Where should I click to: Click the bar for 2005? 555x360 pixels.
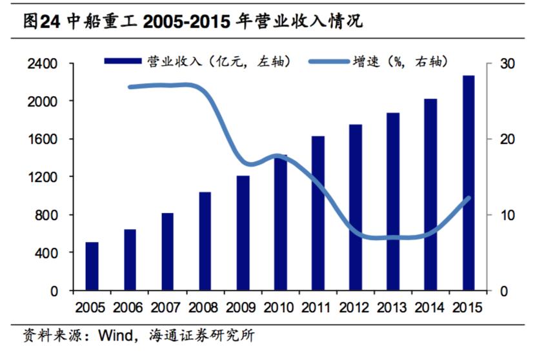[x=92, y=266]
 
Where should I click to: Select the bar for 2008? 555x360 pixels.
[x=205, y=241]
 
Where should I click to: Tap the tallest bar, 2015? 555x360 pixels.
[x=468, y=183]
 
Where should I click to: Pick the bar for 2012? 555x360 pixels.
[x=356, y=207]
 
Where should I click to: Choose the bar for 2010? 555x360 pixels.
[x=280, y=223]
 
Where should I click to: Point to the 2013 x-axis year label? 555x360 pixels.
[x=393, y=308]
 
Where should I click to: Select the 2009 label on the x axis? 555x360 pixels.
[x=243, y=308]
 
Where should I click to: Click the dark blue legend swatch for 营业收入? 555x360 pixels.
[x=122, y=62]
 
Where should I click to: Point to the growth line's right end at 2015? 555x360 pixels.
[x=469, y=198]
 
